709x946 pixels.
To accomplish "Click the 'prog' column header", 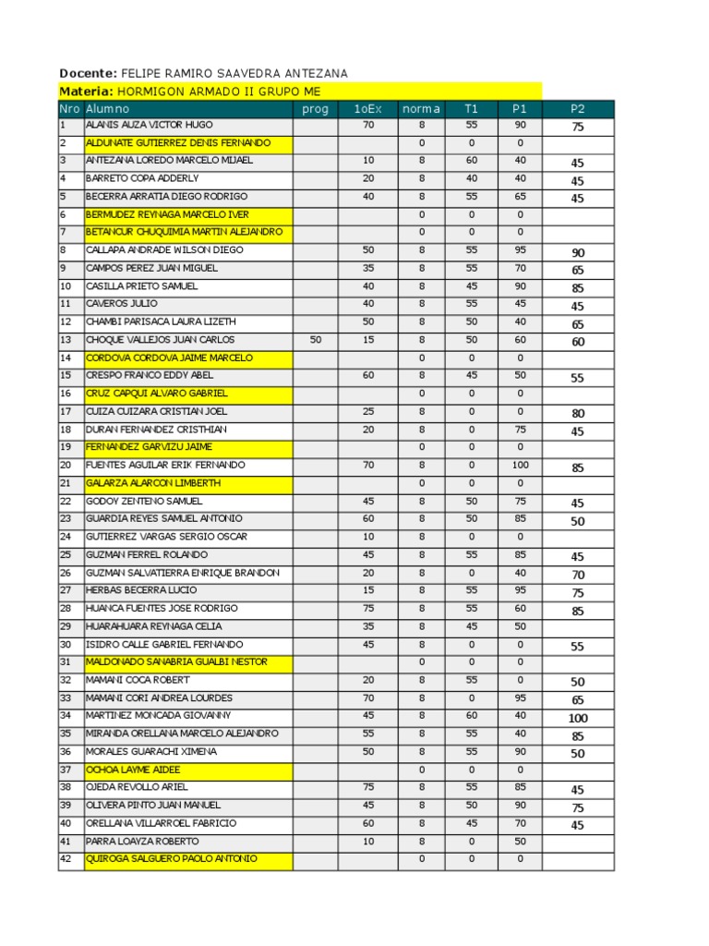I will point(315,109).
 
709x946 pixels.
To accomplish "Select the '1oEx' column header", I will point(367,109).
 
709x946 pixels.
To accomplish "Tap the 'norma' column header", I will point(421,109).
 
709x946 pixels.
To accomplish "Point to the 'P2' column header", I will point(578,109).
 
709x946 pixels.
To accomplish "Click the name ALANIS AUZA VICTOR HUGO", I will point(149,125).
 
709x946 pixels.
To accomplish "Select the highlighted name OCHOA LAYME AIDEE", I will point(133,770).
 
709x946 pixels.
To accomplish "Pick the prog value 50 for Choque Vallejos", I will point(316,340).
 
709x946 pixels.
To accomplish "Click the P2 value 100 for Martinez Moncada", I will point(578,719).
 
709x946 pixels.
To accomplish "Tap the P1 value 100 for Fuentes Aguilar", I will point(521,466).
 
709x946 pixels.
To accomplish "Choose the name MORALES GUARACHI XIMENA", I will point(151,752).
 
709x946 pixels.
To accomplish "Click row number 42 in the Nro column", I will point(66,859).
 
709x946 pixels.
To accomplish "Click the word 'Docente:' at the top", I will point(88,73).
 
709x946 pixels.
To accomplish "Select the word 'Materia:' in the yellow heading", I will point(86,91).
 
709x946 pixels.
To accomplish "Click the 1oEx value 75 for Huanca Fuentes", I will point(368,609).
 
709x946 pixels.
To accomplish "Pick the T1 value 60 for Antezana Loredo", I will point(472,161).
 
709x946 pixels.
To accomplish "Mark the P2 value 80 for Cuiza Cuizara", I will point(578,414).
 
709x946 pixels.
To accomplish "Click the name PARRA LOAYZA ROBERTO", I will point(142,842).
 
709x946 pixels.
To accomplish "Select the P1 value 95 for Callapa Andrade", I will point(521,250).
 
